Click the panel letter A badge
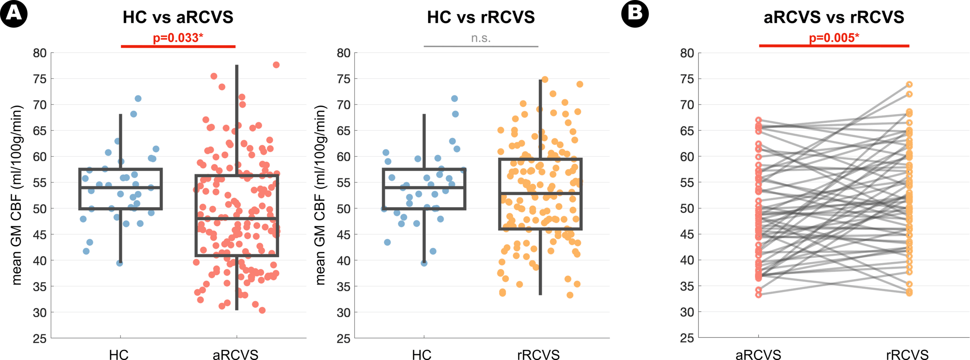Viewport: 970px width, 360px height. (x=14, y=14)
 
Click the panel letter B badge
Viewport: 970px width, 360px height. (x=635, y=14)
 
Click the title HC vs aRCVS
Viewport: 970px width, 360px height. (x=178, y=17)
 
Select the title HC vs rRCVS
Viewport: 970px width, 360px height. (x=481, y=17)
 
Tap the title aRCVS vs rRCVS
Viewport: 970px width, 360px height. (x=834, y=17)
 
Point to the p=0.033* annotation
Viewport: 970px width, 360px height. (x=178, y=38)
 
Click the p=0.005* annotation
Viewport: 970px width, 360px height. (x=834, y=38)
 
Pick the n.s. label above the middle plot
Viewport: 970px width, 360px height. (x=481, y=38)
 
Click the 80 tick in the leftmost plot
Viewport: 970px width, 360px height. (x=40, y=53)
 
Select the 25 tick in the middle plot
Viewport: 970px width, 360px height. (x=343, y=338)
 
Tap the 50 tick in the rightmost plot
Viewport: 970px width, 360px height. (x=687, y=209)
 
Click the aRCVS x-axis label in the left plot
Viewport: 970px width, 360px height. (x=235, y=355)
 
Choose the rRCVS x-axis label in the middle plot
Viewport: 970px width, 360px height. (x=538, y=355)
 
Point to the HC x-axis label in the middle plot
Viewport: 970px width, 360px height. (x=421, y=355)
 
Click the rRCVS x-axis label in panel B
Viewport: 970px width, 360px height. (x=907, y=355)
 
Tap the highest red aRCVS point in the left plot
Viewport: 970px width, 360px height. (x=276, y=65)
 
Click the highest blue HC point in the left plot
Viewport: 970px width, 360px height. (x=138, y=99)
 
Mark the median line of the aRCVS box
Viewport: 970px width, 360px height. (x=237, y=219)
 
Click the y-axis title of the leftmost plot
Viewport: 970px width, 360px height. (x=17, y=195)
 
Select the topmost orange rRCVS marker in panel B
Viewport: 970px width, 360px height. (x=909, y=85)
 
